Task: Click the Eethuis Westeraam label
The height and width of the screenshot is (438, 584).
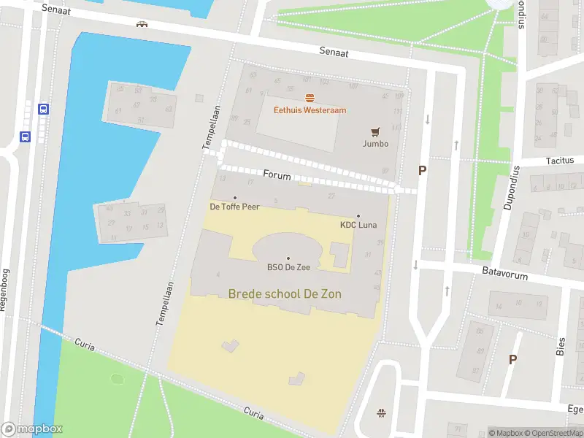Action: pyautogui.click(x=310, y=110)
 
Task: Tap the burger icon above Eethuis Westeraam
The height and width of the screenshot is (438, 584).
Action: pyautogui.click(x=310, y=98)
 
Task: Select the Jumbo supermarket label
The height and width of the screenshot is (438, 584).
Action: pyautogui.click(x=375, y=144)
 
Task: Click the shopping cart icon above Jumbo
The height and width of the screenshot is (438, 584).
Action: pyautogui.click(x=375, y=132)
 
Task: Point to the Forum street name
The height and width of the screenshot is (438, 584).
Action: pyautogui.click(x=277, y=176)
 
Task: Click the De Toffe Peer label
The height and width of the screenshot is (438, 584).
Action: pyautogui.click(x=234, y=207)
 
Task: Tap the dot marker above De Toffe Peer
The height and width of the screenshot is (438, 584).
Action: pyautogui.click(x=234, y=197)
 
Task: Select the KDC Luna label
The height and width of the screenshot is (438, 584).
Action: pyautogui.click(x=358, y=225)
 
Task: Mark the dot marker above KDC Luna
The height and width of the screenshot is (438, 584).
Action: pyautogui.click(x=358, y=215)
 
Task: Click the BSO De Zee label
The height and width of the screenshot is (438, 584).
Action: pyautogui.click(x=288, y=267)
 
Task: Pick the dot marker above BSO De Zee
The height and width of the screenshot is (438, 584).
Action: pyautogui.click(x=288, y=258)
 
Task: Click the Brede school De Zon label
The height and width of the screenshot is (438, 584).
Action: pyautogui.click(x=285, y=293)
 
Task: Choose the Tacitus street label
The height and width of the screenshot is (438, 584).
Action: pyautogui.click(x=559, y=161)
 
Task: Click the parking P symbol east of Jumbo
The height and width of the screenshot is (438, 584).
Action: pyautogui.click(x=421, y=170)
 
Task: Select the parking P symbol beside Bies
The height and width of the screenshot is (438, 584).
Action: pyautogui.click(x=512, y=359)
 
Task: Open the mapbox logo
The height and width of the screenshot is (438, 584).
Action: pyautogui.click(x=32, y=429)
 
